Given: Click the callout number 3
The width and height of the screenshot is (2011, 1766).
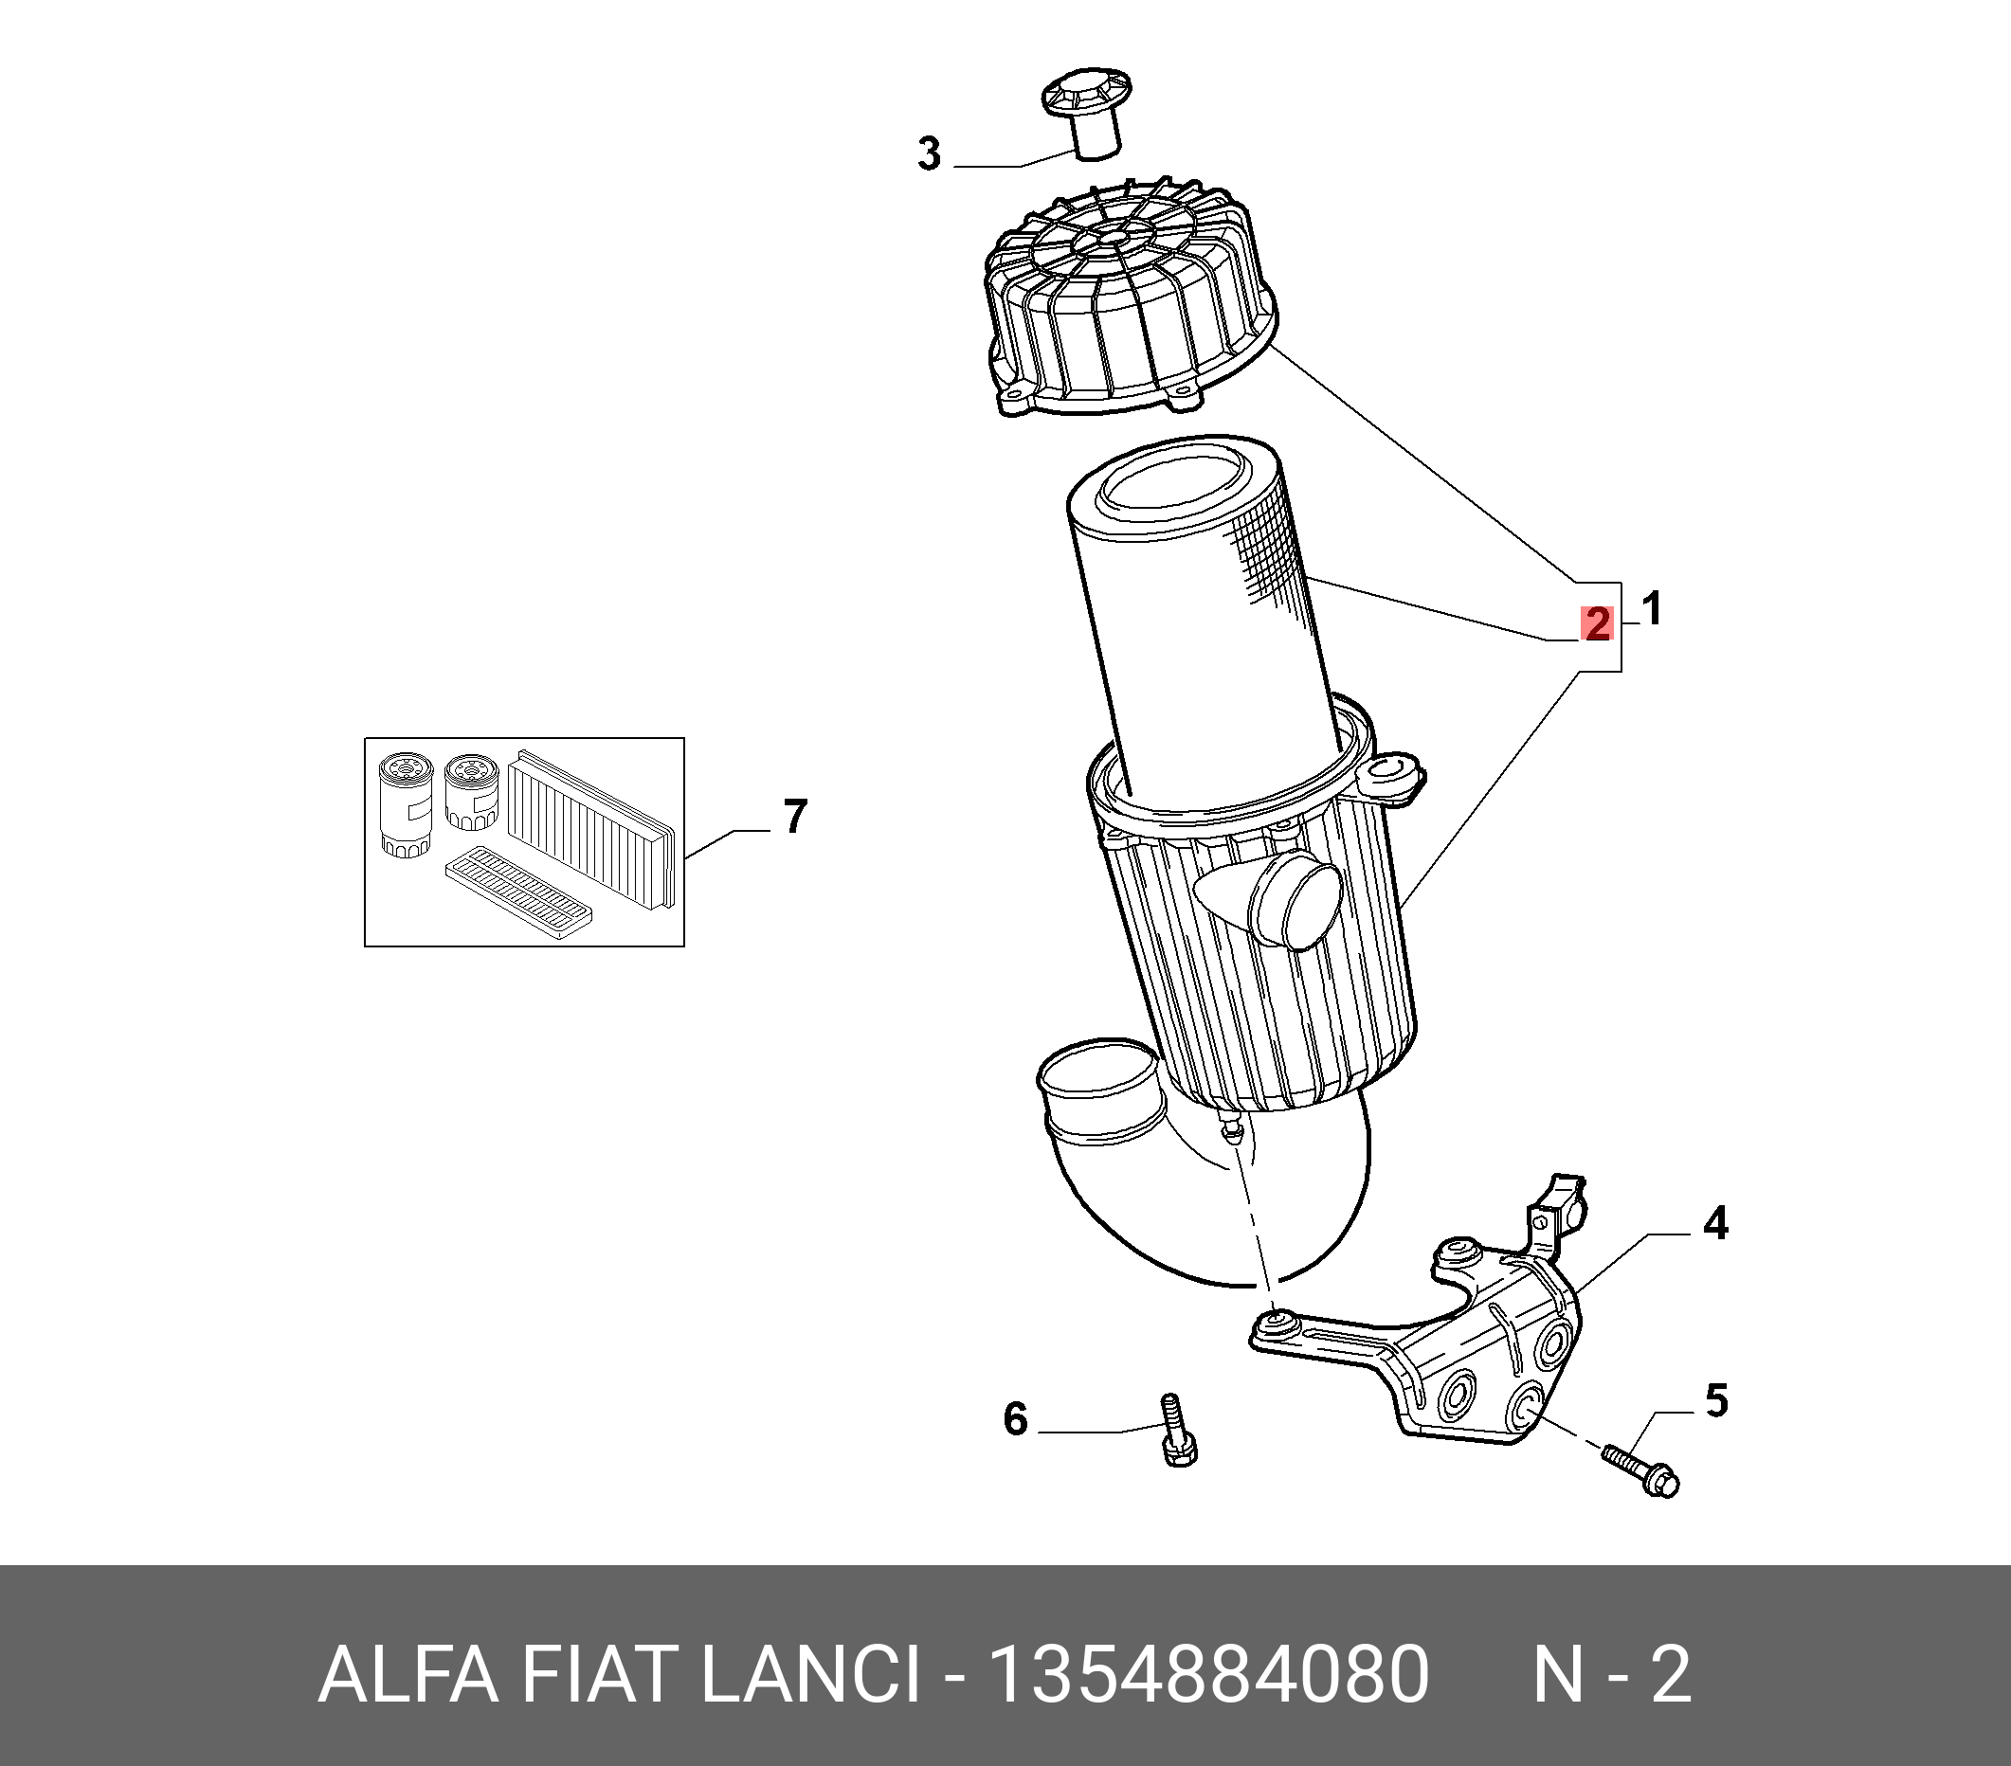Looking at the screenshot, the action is tap(929, 154).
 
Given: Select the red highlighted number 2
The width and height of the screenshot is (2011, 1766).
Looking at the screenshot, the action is tap(1597, 623).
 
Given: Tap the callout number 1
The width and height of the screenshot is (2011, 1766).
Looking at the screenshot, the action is tap(1652, 609).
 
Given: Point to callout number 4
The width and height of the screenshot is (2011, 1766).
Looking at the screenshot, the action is tap(1715, 1224).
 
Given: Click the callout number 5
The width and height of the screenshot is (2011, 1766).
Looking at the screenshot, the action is tap(1716, 1401).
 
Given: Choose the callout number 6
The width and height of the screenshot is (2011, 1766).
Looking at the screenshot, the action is tap(1014, 1419).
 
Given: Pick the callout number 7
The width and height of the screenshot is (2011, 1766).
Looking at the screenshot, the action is tap(795, 817).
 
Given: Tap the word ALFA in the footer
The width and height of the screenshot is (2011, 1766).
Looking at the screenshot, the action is tap(408, 1675).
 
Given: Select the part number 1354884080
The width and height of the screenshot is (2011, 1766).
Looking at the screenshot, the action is tap(1208, 1675).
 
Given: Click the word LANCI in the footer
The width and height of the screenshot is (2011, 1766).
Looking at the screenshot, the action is tap(808, 1675).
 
